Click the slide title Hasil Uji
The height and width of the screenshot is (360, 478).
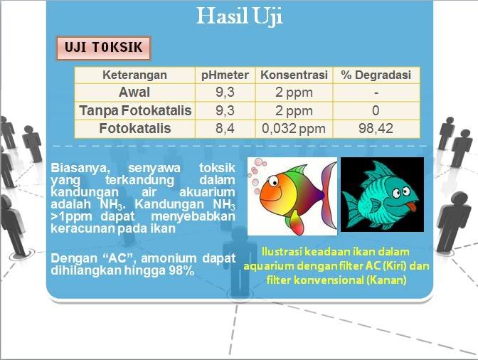[x=240, y=16]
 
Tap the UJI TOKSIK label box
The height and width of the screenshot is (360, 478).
[x=104, y=48]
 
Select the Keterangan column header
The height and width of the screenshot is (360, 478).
[x=134, y=75]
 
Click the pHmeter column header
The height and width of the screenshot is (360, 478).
[x=225, y=75]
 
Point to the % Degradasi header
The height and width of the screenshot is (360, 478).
[x=376, y=75]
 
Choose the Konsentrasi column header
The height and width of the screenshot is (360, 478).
[x=294, y=75]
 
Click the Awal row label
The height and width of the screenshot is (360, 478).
[x=134, y=92]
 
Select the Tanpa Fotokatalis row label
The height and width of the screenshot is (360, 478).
[x=135, y=110]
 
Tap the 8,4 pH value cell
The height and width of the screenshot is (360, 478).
[x=225, y=128]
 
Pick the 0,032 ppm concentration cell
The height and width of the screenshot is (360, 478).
[x=294, y=129]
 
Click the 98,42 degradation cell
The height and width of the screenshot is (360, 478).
[x=376, y=128]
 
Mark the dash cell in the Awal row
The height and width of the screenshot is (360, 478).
[x=376, y=92]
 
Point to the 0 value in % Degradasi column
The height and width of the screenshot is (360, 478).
[x=376, y=110]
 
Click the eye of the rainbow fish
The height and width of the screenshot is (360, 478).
[x=273, y=181]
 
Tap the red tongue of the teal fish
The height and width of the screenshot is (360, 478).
[x=412, y=206]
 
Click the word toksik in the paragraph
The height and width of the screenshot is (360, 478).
[x=217, y=168]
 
